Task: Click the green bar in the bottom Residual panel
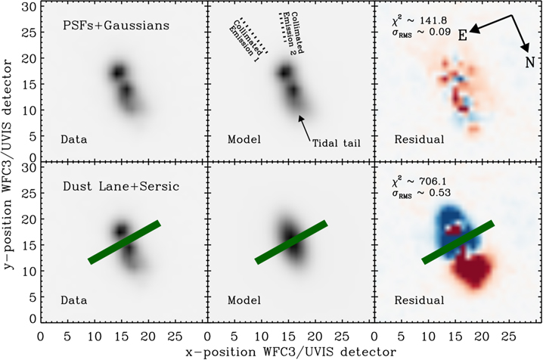(x=458, y=242)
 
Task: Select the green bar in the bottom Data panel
(x=124, y=242)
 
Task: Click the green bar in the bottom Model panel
(x=290, y=242)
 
